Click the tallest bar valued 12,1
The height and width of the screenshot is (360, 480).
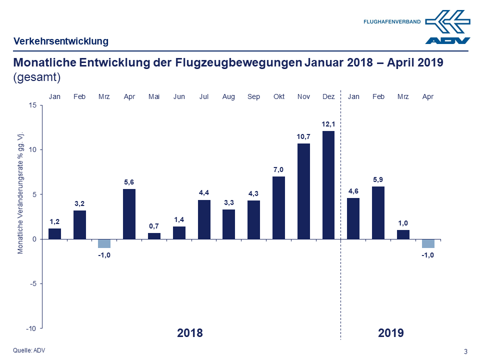point(328,185)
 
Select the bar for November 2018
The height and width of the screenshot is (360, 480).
point(303,191)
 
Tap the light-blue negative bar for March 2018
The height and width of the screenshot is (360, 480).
point(104,243)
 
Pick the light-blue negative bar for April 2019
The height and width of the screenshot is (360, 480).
point(428,243)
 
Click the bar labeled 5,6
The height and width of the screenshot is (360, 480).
point(129,213)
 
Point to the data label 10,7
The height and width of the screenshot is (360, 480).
point(303,136)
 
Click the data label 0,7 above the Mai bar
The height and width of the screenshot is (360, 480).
point(154,226)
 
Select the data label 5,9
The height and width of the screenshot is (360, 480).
point(378,179)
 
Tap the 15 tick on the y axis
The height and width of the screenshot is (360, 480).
point(32,105)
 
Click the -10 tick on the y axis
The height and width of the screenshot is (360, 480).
point(31,328)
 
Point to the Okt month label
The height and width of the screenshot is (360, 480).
point(278,96)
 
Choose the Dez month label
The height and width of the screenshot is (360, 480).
point(328,96)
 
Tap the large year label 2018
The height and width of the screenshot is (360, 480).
point(190,333)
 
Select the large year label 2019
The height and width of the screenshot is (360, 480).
point(391,333)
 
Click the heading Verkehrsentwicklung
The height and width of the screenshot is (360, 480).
point(61,41)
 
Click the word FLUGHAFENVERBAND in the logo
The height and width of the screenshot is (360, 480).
point(392,22)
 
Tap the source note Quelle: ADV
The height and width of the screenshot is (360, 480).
point(29,350)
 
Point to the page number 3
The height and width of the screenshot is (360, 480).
point(466,351)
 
